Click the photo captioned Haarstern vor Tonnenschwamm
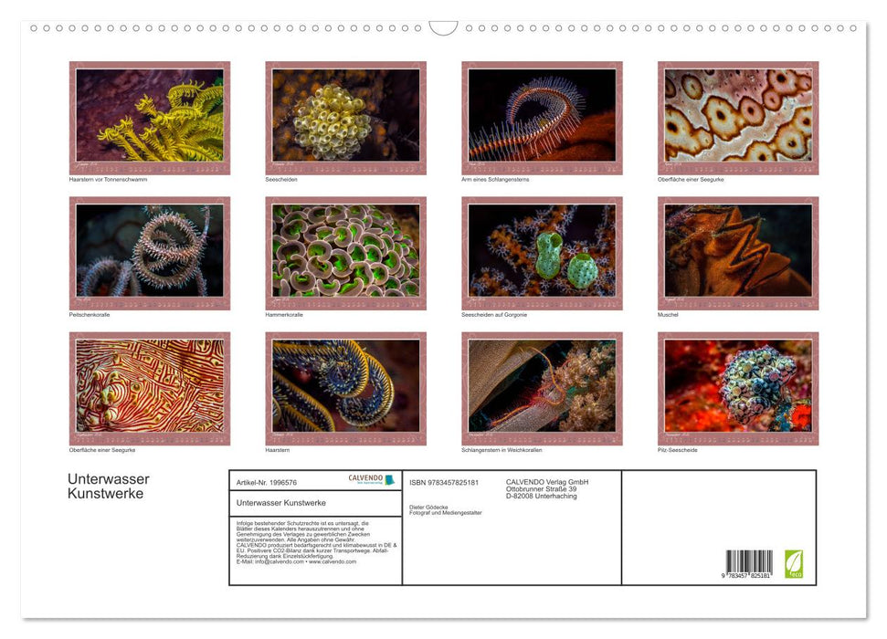[150, 117]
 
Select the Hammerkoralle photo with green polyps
[345, 252]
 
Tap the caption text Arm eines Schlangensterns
[495, 180]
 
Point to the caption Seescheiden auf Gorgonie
[494, 315]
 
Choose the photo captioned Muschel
[738, 252]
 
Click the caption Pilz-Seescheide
[677, 450]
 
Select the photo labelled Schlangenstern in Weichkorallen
[542, 387]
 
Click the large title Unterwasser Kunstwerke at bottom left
[108, 487]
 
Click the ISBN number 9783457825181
[444, 482]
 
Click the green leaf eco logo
[794, 562]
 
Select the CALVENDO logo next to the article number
[371, 479]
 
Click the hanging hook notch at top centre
[443, 28]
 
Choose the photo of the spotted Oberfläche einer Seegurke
[738, 117]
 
